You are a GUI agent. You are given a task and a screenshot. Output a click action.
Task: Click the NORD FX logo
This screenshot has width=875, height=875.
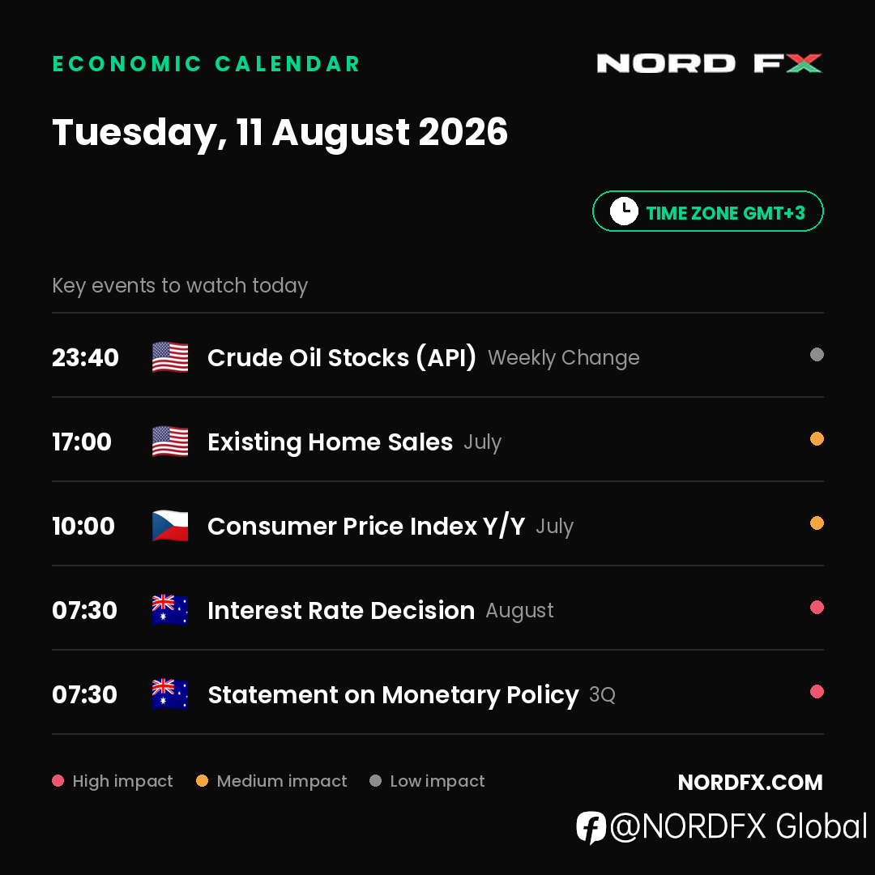click(x=709, y=63)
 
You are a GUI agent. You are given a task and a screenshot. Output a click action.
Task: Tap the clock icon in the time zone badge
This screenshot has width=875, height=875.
click(x=624, y=211)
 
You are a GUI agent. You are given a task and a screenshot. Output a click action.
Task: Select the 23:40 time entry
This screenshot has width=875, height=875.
click(x=85, y=357)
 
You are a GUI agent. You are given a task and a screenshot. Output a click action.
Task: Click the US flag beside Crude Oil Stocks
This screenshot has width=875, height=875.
click(x=170, y=357)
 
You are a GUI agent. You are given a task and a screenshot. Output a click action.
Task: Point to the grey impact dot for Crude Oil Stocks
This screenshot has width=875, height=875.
click(x=817, y=354)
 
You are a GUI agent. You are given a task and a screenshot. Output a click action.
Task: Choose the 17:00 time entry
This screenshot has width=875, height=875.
click(x=82, y=442)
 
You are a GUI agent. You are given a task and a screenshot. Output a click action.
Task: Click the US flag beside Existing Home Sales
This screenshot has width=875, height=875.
click(x=170, y=442)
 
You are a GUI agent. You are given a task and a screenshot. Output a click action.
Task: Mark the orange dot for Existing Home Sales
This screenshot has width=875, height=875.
click(x=817, y=438)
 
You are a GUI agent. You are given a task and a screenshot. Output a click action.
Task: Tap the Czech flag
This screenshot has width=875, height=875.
click(x=170, y=526)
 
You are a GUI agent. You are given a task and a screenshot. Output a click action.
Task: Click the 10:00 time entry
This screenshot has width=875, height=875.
click(x=83, y=526)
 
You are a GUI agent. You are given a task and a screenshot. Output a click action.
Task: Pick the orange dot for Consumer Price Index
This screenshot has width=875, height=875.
click(x=817, y=523)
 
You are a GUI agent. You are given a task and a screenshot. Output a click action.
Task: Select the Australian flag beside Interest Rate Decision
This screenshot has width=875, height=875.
click(x=170, y=610)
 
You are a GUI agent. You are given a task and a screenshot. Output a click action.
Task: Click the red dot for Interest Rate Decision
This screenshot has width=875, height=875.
click(x=817, y=607)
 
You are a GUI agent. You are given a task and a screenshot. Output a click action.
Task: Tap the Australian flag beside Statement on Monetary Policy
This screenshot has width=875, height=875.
click(x=170, y=694)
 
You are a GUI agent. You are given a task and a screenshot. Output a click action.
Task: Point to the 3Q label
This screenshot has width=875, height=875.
click(x=602, y=695)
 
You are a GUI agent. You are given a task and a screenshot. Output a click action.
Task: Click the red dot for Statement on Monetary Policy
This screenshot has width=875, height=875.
click(x=817, y=691)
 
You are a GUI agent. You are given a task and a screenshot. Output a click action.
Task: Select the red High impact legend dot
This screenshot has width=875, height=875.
click(x=58, y=781)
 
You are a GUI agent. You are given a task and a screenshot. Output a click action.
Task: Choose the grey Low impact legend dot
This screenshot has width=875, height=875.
click(x=376, y=781)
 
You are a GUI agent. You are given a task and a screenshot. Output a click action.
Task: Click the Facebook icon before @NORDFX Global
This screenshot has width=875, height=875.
click(x=591, y=827)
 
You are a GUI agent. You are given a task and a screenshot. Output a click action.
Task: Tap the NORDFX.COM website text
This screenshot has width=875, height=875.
click(x=750, y=783)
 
